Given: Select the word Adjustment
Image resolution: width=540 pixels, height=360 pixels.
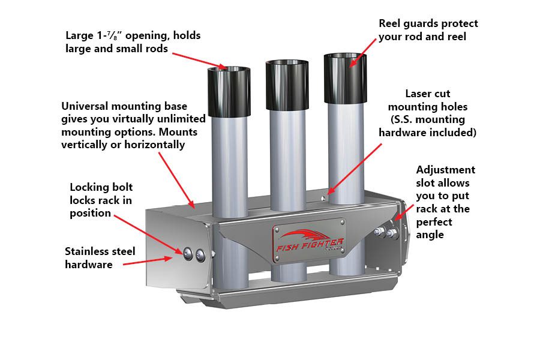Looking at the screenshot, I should pyautogui.click(x=445, y=170).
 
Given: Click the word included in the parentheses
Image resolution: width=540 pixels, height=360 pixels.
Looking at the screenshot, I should pyautogui.click(x=455, y=132).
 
